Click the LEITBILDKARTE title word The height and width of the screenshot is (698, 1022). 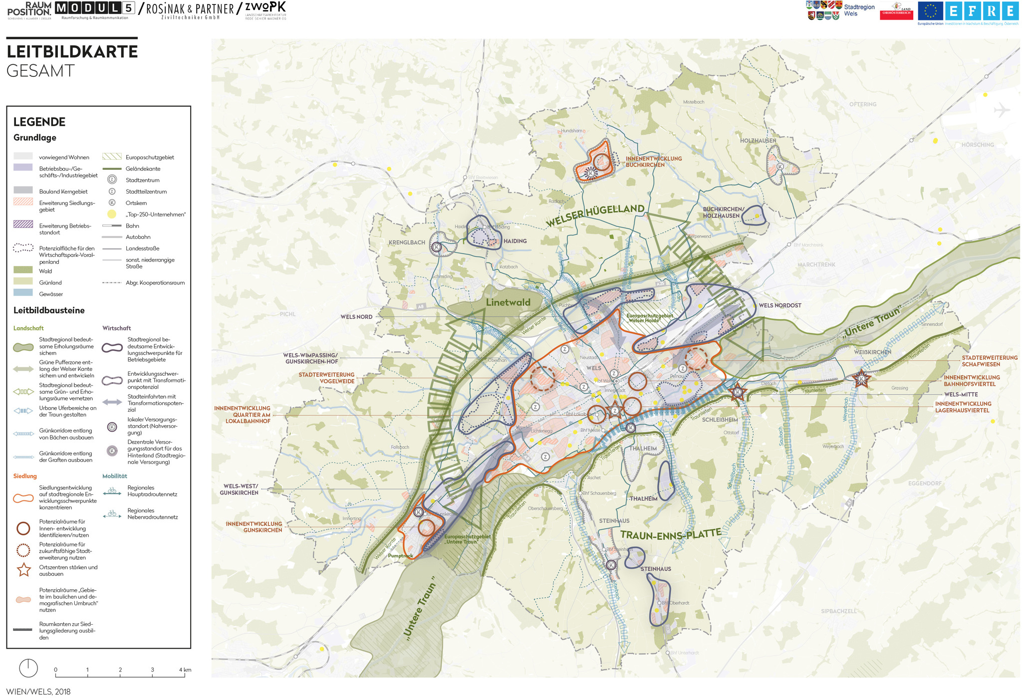(72, 52)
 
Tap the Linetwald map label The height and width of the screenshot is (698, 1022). (508, 302)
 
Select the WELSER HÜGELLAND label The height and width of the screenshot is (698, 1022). (595, 215)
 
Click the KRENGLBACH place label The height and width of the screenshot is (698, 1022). (407, 242)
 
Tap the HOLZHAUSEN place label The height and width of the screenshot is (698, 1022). (758, 141)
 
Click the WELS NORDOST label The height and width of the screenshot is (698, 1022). (779, 305)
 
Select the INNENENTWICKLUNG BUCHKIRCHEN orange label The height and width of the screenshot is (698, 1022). (653, 162)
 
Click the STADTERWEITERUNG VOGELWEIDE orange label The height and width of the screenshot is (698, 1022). (326, 378)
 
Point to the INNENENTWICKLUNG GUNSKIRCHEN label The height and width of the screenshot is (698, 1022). (254, 527)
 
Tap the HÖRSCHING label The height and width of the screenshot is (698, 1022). (977, 145)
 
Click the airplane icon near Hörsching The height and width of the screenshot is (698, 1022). (1001, 110)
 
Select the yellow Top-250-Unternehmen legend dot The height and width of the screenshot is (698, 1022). (112, 215)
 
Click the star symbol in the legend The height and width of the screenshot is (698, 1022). (24, 570)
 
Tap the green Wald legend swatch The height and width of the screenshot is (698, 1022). (23, 270)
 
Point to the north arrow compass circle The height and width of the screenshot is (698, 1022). (28, 668)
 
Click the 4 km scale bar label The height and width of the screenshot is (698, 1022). (185, 670)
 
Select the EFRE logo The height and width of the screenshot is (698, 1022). (982, 11)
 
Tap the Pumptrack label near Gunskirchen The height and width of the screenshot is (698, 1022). (400, 556)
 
